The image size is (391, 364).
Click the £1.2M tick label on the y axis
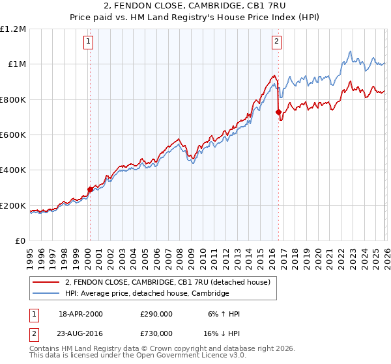click(x=13, y=29)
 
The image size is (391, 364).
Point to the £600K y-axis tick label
click(x=13, y=135)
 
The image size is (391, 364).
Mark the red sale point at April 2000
click(x=90, y=190)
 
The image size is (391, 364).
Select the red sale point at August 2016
click(x=278, y=112)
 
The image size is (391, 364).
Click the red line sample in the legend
click(x=46, y=282)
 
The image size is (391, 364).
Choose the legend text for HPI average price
click(x=147, y=294)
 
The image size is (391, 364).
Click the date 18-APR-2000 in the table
click(x=81, y=314)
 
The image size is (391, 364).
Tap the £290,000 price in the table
click(x=156, y=314)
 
